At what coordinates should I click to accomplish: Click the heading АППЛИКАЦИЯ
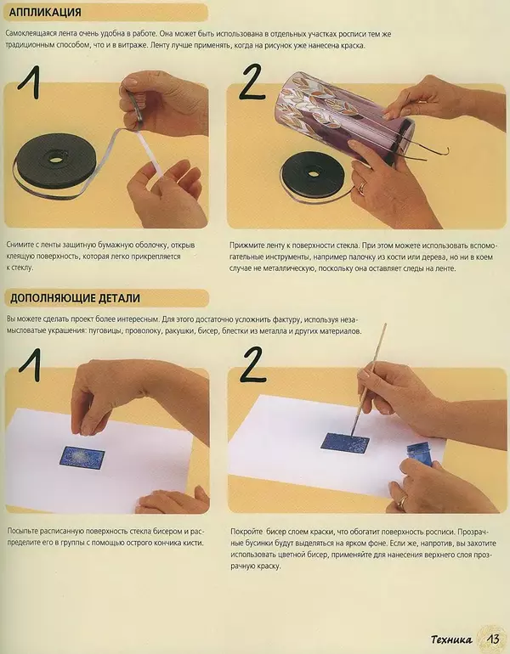tap(45, 13)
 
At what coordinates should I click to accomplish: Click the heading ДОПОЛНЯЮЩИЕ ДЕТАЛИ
tap(75, 298)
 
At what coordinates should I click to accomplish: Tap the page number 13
tap(492, 640)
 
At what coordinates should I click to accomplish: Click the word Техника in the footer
tap(451, 640)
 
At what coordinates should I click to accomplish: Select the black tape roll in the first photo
tap(54, 165)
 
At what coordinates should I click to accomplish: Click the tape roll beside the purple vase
tap(312, 177)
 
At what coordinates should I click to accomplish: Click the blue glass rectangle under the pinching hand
tap(82, 457)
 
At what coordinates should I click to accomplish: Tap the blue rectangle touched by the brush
tap(345, 443)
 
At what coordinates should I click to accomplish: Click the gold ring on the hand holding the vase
tap(362, 187)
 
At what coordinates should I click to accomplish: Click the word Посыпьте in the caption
tap(22, 532)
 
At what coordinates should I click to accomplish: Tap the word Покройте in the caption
tap(246, 532)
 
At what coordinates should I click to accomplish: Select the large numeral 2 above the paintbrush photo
tap(253, 365)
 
